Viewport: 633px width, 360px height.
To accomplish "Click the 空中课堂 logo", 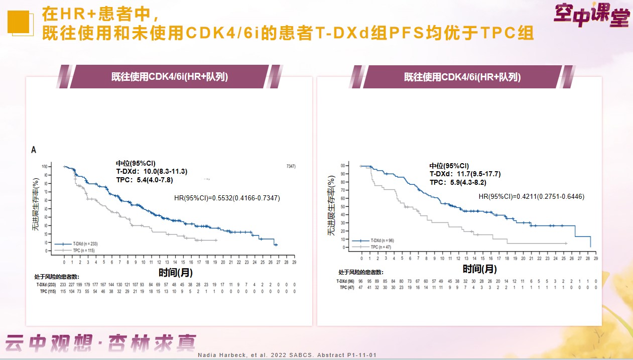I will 591,16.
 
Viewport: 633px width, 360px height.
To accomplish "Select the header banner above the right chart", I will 462,77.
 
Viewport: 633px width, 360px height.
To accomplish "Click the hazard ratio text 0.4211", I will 531,196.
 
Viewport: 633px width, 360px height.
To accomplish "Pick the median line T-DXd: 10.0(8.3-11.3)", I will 151,171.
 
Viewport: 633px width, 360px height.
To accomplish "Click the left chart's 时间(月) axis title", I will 175,273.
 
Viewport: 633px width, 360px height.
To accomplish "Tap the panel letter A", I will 34,150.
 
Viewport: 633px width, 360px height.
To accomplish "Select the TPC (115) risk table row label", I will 46,291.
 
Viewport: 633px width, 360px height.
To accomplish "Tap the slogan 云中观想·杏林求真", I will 100,343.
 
